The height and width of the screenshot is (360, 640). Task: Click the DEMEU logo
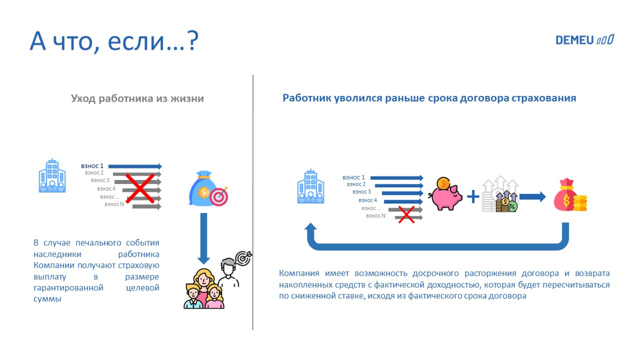[584, 40]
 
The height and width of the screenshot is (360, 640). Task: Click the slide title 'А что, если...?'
[114, 41]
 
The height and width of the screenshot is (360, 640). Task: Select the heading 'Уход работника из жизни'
[137, 98]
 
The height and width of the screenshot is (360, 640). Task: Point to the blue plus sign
[473, 197]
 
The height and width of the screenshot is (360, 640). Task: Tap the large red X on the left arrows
[140, 188]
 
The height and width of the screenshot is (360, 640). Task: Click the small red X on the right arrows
[406, 214]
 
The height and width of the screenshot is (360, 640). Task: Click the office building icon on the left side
[52, 176]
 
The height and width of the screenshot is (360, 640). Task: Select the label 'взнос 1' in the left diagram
[92, 166]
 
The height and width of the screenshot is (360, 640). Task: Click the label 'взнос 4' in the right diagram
[368, 200]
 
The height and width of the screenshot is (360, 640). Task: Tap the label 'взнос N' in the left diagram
[114, 204]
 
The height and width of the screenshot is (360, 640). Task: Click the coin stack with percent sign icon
[506, 203]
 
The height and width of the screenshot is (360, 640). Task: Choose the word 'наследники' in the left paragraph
[57, 254]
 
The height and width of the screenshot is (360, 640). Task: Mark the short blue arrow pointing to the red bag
[532, 197]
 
